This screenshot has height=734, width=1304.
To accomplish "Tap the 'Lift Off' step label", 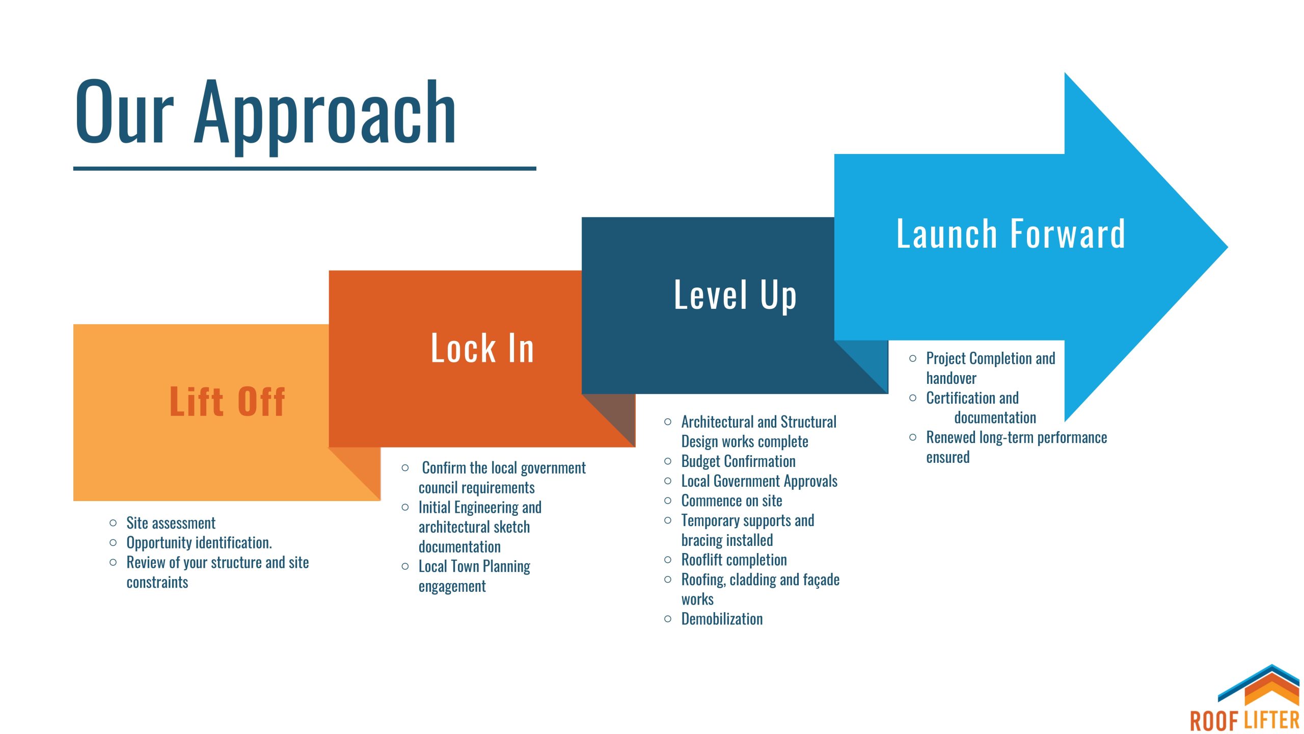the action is pyautogui.click(x=227, y=402).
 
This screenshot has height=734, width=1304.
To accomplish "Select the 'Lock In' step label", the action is pyautogui.click(x=482, y=348).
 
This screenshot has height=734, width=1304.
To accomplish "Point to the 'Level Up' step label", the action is pyautogui.click(x=735, y=295).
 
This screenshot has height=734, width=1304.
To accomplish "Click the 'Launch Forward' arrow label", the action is pyautogui.click(x=1011, y=233).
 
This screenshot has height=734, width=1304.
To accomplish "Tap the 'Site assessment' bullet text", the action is pyautogui.click(x=171, y=523).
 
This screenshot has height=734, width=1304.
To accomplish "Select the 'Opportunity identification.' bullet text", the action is pyautogui.click(x=199, y=543).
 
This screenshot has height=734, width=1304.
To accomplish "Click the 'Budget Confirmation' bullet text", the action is pyautogui.click(x=739, y=461).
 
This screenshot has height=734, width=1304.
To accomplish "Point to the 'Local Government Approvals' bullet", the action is pyautogui.click(x=759, y=481).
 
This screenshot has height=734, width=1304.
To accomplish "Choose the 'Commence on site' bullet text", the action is pyautogui.click(x=732, y=501).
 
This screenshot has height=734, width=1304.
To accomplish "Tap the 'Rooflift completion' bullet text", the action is pyautogui.click(x=734, y=560).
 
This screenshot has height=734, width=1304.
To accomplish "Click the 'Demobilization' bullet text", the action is pyautogui.click(x=722, y=619).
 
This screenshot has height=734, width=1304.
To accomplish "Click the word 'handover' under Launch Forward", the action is pyautogui.click(x=951, y=378).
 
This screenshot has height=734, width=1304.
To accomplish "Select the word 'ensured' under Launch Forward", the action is pyautogui.click(x=948, y=457).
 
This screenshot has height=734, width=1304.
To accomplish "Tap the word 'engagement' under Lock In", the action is pyautogui.click(x=452, y=587).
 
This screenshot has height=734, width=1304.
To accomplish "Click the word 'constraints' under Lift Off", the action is pyautogui.click(x=157, y=582).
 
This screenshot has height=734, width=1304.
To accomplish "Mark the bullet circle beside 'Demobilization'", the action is pyautogui.click(x=668, y=619).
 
